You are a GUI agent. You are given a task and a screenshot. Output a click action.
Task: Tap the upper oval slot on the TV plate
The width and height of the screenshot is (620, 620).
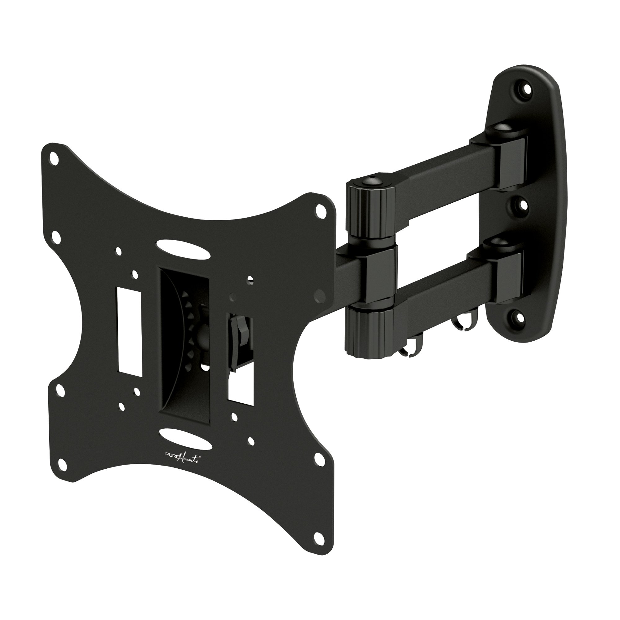tap(184, 248)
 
